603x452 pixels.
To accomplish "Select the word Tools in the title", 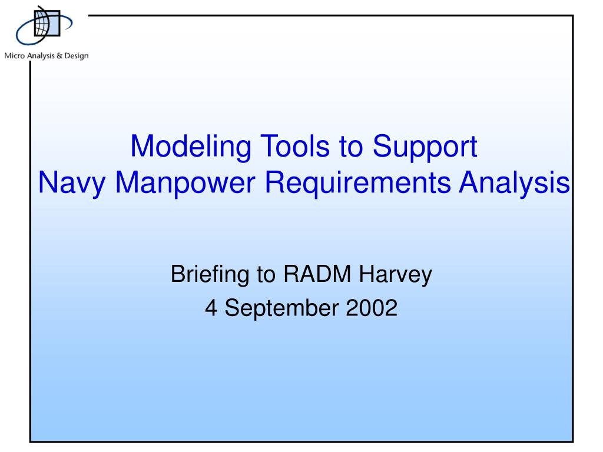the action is tap(295, 146).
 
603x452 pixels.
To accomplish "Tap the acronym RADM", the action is tap(317, 274).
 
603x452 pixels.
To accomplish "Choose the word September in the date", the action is tap(281, 309).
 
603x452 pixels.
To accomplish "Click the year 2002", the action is tap(372, 308).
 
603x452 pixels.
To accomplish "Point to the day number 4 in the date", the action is tap(211, 308).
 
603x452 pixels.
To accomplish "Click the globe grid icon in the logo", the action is tap(47, 23).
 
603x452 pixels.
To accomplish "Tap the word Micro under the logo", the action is tap(15, 56).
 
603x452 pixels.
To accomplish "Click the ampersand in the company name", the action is tap(59, 56).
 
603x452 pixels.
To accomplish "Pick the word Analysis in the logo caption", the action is tap(41, 56).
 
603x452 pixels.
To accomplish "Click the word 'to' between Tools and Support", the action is tap(351, 147).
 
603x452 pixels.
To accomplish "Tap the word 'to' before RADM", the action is tap(266, 275).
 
